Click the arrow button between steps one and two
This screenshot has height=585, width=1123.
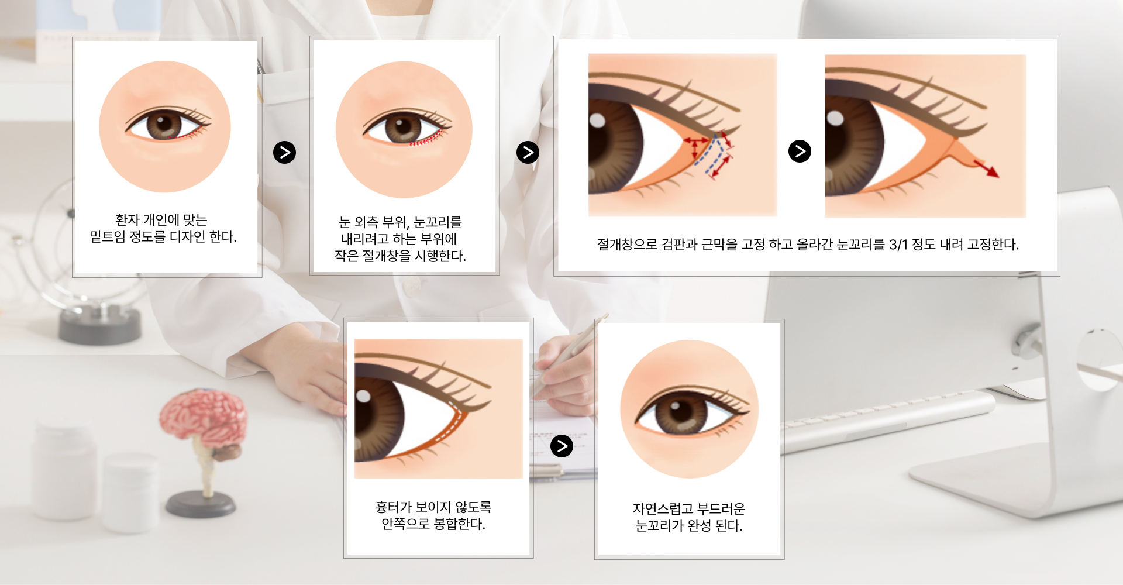pyautogui.click(x=284, y=153)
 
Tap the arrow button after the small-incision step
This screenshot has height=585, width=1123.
pyautogui.click(x=528, y=153)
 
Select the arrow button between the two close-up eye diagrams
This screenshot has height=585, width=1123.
pyautogui.click(x=800, y=151)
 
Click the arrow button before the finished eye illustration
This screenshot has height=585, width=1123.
pyautogui.click(x=561, y=446)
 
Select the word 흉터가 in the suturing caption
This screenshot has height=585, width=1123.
pyautogui.click(x=394, y=507)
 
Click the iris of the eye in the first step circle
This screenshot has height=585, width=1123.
pyautogui.click(x=164, y=125)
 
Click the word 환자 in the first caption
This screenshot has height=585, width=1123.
pyautogui.click(x=127, y=220)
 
